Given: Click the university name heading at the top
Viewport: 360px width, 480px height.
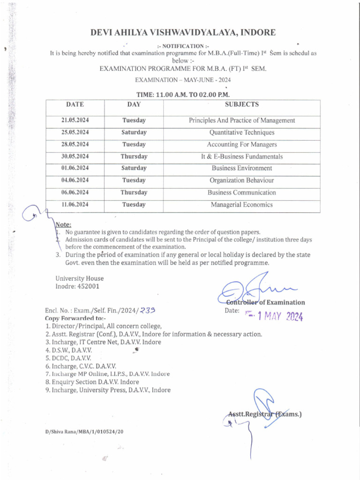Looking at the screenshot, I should pyautogui.click(x=183, y=32).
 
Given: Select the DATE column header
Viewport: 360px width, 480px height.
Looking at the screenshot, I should pyautogui.click(x=75, y=105).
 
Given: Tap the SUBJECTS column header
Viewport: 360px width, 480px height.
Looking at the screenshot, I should pyautogui.click(x=241, y=105).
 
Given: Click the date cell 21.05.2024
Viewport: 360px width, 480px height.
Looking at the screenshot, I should pyautogui.click(x=75, y=120).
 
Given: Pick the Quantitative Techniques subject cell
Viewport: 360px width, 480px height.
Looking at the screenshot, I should pyautogui.click(x=241, y=133).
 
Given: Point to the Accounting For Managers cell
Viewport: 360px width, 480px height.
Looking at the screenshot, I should pyautogui.click(x=241, y=144).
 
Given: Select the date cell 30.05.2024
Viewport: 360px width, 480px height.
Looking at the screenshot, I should pyautogui.click(x=75, y=157).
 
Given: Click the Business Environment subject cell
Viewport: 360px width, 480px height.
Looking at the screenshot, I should pyautogui.click(x=241, y=168).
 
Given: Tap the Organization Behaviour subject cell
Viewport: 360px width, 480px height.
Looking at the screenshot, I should pyautogui.click(x=241, y=180).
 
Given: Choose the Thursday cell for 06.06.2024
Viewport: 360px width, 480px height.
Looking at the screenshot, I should pyautogui.click(x=134, y=193).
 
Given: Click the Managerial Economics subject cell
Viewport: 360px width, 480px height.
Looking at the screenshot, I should pyautogui.click(x=241, y=205).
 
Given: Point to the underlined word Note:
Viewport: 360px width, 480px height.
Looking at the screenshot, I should pyautogui.click(x=63, y=225).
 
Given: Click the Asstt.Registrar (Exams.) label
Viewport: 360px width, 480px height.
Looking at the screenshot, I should pyautogui.click(x=265, y=414).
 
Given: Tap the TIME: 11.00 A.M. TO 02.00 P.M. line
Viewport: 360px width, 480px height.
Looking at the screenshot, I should pyautogui.click(x=182, y=94).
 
